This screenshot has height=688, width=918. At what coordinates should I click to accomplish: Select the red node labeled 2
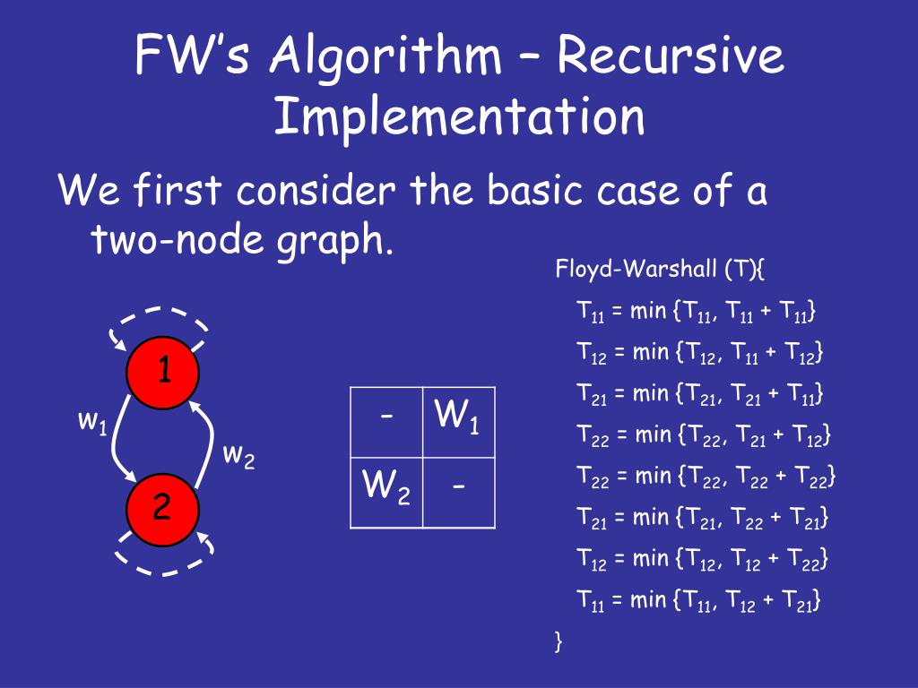[x=162, y=508]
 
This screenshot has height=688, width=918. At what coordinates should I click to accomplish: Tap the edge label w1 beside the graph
[x=92, y=420]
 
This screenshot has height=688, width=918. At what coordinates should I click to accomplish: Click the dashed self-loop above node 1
[x=159, y=320]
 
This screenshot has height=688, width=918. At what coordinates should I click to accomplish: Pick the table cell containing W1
[x=458, y=422]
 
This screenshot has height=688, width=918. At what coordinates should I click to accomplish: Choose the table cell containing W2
[x=385, y=492]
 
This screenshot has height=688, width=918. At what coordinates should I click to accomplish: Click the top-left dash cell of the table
[x=385, y=422]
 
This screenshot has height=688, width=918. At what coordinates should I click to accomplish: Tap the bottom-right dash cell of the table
[x=458, y=492]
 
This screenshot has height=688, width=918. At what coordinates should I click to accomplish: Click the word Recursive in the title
[x=670, y=57]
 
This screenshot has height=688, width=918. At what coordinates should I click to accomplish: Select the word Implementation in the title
[x=459, y=117]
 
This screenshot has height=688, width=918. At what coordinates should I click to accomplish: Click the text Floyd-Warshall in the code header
[x=623, y=269]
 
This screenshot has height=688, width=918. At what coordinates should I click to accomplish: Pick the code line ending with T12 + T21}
[x=699, y=600]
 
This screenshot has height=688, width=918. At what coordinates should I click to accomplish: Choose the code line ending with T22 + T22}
[x=706, y=476]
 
